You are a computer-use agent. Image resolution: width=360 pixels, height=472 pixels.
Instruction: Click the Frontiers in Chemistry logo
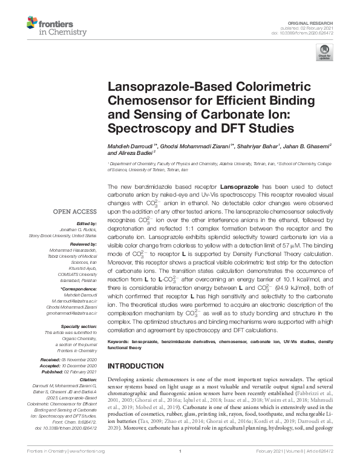click(x=52, y=26)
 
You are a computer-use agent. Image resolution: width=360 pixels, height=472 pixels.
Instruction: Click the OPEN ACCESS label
click(x=74, y=212)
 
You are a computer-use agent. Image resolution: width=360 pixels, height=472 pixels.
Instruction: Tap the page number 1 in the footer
click(x=180, y=468)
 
